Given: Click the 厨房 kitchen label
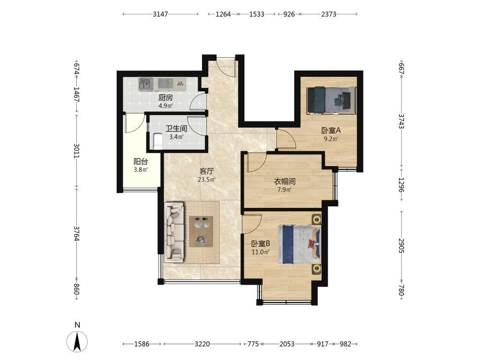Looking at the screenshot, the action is click(x=166, y=98).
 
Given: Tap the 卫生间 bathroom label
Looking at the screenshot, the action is click(x=176, y=129).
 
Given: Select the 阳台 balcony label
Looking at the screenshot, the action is click(x=141, y=162).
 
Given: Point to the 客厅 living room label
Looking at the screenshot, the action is click(x=206, y=171).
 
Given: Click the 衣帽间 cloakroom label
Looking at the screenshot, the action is click(x=285, y=181).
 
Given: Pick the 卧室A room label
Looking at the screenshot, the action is click(x=331, y=131).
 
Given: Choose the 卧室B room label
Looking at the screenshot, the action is click(x=261, y=244).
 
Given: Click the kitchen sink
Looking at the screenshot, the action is click(x=146, y=84).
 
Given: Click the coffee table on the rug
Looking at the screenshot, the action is click(x=201, y=231).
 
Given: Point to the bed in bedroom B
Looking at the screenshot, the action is click(x=300, y=244).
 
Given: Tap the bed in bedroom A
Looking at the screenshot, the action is click(x=332, y=100).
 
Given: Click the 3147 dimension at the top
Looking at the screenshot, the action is click(x=160, y=14).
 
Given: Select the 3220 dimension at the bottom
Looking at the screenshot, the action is click(x=203, y=344).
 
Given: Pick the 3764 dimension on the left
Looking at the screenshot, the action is click(x=76, y=234).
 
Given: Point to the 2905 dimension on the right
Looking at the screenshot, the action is click(x=401, y=246).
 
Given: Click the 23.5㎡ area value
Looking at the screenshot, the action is click(x=206, y=180).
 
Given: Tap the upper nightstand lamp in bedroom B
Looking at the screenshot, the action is click(x=316, y=219).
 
